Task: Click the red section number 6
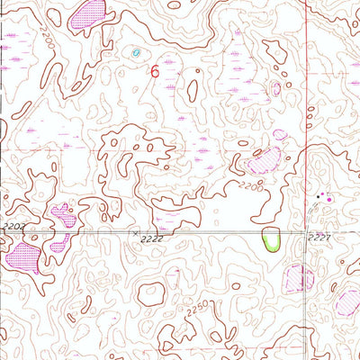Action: click(156, 70)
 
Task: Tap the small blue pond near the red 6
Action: click(136, 53)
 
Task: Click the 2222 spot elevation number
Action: click(153, 239)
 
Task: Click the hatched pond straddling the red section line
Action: click(299, 278)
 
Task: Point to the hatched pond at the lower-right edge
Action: click(348, 301)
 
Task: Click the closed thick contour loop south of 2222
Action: click(152, 293)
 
